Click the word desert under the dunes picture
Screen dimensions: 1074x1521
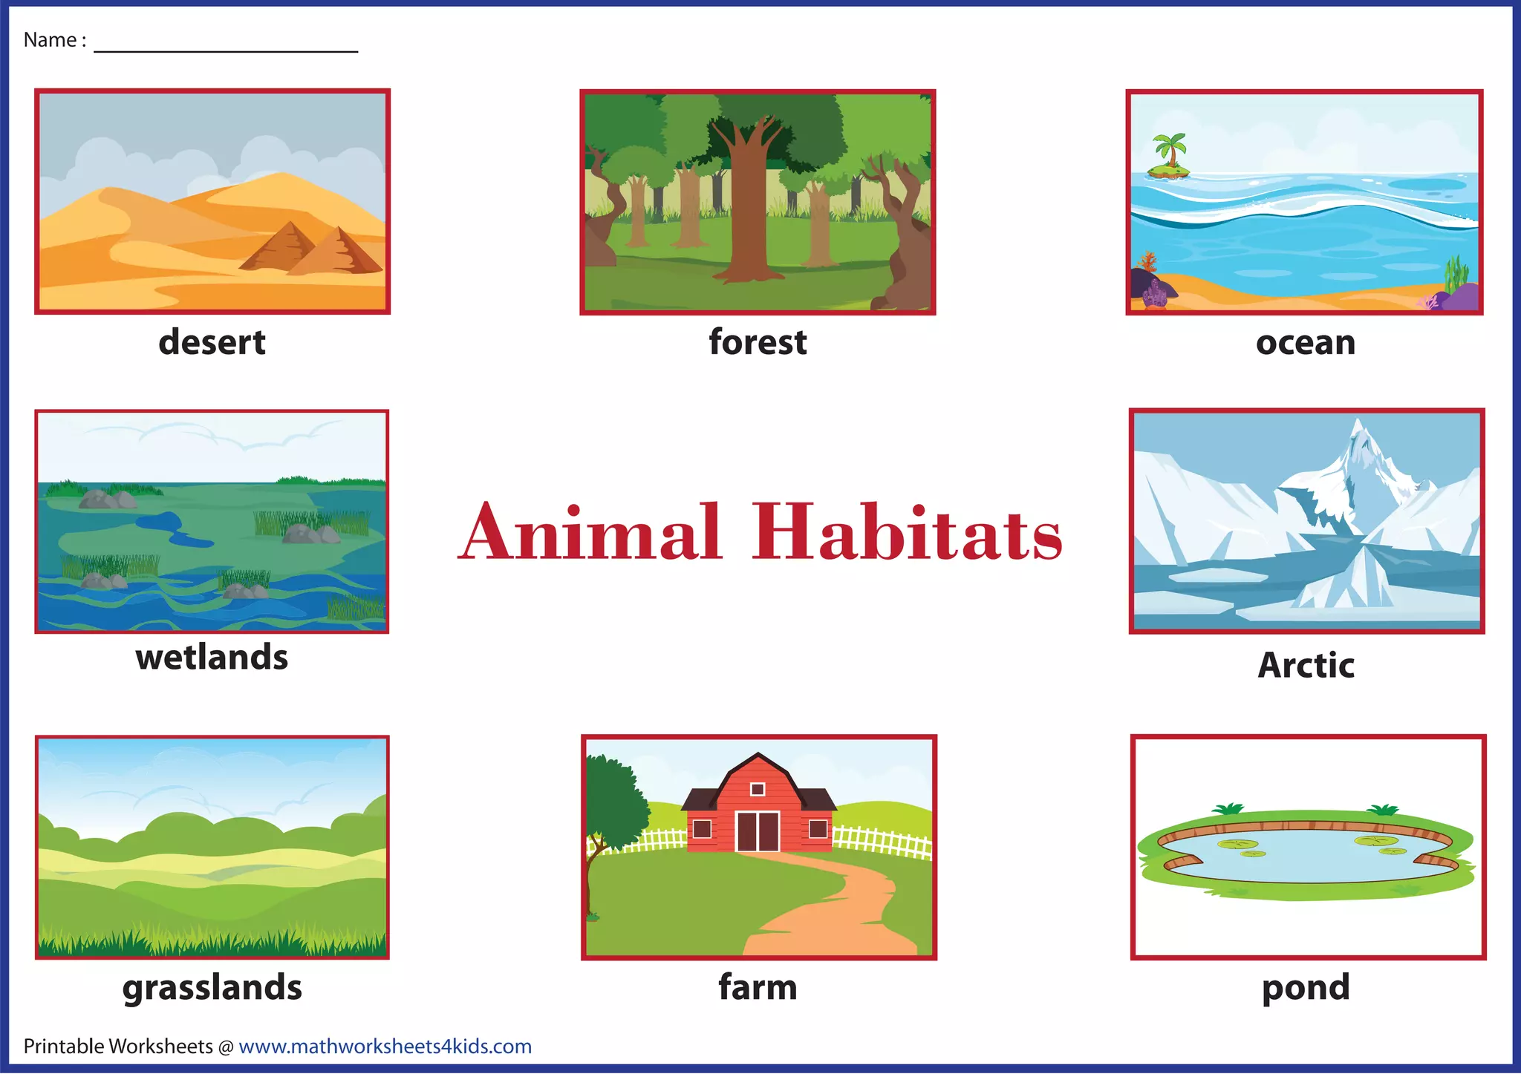pyautogui.click(x=212, y=342)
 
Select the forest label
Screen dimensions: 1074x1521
pyautogui.click(x=758, y=342)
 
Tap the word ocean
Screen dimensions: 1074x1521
pyautogui.click(x=1305, y=343)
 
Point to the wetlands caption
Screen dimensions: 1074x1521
pyautogui.click(x=212, y=658)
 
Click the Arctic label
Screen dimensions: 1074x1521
pyautogui.click(x=1306, y=665)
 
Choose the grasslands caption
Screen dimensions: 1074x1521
pyautogui.click(x=212, y=988)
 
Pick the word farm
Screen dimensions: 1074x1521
pyautogui.click(x=758, y=988)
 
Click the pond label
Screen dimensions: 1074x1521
pyautogui.click(x=1306, y=988)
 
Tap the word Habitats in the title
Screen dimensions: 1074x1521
pyautogui.click(x=907, y=532)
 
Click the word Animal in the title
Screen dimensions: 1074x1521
pyautogui.click(x=590, y=532)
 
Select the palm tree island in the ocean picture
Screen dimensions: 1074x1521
pyautogui.click(x=1169, y=159)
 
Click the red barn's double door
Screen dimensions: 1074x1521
pyautogui.click(x=758, y=831)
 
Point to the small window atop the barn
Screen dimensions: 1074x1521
pyautogui.click(x=758, y=789)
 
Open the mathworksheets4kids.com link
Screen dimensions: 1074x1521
pyautogui.click(x=385, y=1047)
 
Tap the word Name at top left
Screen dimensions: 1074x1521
pyautogui.click(x=50, y=40)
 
